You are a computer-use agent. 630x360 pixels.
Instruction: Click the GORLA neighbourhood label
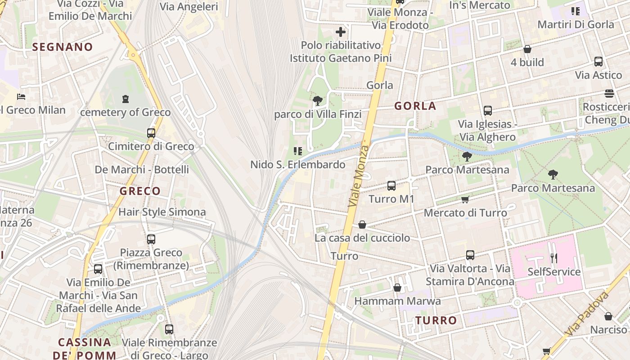coord(415,106)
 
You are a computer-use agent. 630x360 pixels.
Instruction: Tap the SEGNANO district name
coord(63,47)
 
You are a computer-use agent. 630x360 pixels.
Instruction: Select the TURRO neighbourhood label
coord(436,320)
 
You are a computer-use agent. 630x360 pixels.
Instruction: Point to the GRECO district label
coord(140,191)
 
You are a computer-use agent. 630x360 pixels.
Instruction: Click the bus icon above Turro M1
coord(391,185)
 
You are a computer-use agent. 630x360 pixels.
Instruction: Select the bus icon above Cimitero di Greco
coord(151,133)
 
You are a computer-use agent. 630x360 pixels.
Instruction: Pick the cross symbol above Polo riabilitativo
coord(341,32)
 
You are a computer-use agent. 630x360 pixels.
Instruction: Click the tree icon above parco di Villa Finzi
coord(317,101)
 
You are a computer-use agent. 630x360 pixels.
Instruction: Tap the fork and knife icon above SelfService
coord(553,258)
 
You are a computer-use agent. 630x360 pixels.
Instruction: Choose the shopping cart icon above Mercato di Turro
coord(465,199)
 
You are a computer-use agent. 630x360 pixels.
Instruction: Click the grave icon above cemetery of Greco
coord(125,99)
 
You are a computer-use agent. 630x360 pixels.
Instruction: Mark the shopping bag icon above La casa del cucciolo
coord(362,225)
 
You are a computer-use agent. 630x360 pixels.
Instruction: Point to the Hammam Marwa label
coord(397,301)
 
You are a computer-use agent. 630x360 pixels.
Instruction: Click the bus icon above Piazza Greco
coord(151,239)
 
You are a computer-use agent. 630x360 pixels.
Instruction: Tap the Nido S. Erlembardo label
coord(297,165)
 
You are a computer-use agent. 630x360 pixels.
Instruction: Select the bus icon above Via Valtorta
coord(470,255)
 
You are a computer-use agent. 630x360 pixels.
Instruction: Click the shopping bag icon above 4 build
coord(527,49)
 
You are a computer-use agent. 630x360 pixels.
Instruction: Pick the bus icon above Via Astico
coord(598,62)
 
